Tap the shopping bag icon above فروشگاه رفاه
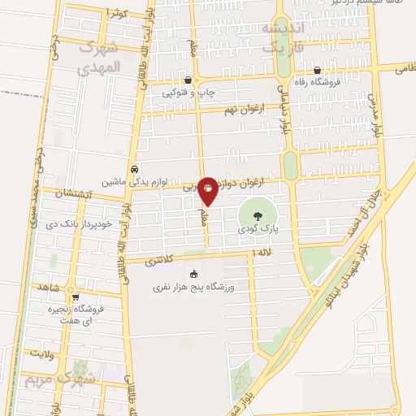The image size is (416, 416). [318, 70]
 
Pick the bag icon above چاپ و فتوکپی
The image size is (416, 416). [188, 80]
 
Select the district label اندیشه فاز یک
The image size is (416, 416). [281, 38]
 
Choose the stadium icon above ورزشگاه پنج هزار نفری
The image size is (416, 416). [193, 273]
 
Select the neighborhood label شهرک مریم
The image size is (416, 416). [58, 378]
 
